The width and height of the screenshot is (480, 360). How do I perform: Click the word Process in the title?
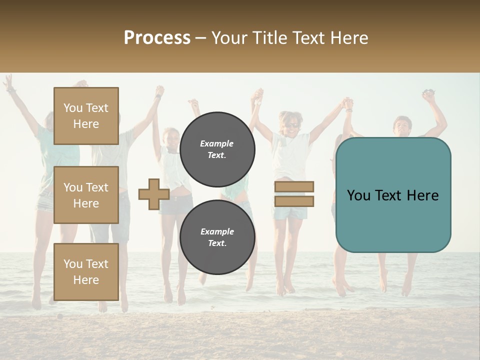click(x=157, y=37)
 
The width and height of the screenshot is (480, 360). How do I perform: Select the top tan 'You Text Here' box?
click(x=86, y=116)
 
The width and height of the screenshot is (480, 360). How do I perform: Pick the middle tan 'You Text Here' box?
click(x=86, y=195)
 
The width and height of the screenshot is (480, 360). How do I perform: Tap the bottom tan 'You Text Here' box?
click(x=86, y=272)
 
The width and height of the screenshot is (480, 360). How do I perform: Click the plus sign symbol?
click(x=154, y=194)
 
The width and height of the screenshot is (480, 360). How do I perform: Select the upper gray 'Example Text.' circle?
click(x=217, y=149)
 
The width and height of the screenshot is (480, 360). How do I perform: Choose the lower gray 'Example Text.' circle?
click(x=217, y=237)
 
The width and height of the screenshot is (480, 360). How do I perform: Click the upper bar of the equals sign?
click(x=294, y=186)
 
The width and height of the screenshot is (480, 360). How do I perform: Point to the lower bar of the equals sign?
click(x=294, y=201)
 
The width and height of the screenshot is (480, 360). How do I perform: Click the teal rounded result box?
click(x=393, y=195)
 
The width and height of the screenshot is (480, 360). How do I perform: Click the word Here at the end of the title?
click(x=349, y=37)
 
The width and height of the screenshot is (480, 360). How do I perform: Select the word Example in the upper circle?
click(x=216, y=143)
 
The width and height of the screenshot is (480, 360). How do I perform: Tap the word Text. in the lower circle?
click(x=217, y=243)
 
